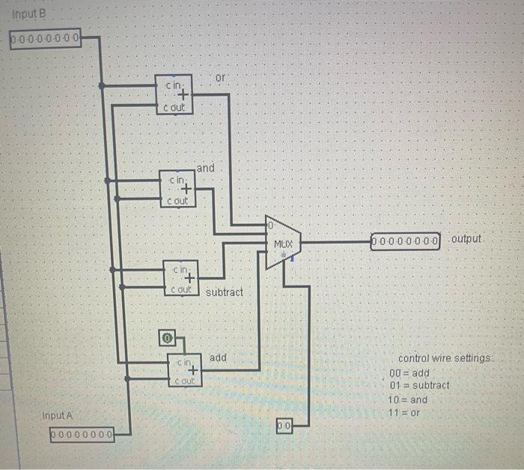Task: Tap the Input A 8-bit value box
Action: click(x=82, y=433)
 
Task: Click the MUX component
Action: click(x=283, y=244)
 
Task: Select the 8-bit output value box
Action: click(x=406, y=241)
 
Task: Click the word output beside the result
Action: click(x=467, y=238)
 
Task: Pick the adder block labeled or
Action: click(x=174, y=95)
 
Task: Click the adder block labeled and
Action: click(x=178, y=188)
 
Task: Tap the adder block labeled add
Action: click(x=185, y=370)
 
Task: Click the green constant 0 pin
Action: click(x=168, y=339)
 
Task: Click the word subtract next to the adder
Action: click(x=225, y=292)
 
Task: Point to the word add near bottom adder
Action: click(x=218, y=358)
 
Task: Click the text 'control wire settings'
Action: click(x=445, y=358)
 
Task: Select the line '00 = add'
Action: click(x=409, y=373)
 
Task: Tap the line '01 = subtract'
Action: click(x=419, y=385)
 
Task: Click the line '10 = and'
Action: click(x=408, y=400)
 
